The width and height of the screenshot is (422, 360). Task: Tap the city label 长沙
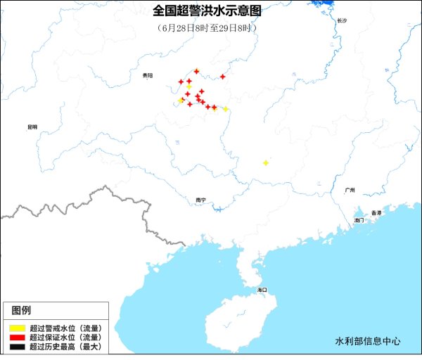coord(342,20)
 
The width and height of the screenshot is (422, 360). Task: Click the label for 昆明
coord(32,127)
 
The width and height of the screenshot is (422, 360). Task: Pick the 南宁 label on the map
coord(201,200)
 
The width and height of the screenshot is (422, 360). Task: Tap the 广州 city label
coord(350,191)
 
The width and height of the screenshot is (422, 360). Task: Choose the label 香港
coord(376,212)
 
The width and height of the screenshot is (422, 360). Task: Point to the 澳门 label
coord(359,220)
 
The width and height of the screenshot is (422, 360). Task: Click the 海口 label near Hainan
coord(262,290)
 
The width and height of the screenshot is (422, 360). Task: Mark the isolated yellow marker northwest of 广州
coord(265,163)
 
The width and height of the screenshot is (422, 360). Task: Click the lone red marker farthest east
coord(222,77)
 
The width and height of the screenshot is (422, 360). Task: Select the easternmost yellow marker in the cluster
coord(225,109)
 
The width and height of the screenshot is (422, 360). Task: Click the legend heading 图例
coord(21,310)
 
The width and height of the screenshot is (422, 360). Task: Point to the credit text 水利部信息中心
coord(368,341)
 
